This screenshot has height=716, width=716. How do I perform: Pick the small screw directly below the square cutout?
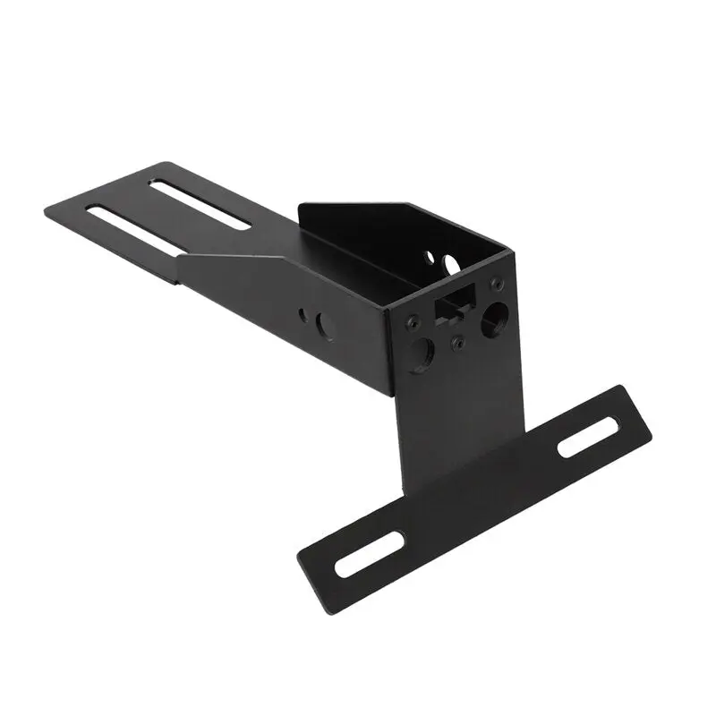tap(457, 342)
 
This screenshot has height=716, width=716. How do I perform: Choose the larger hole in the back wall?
tap(450, 264)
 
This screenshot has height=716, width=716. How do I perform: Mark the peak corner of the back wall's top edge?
tap(413, 205)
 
